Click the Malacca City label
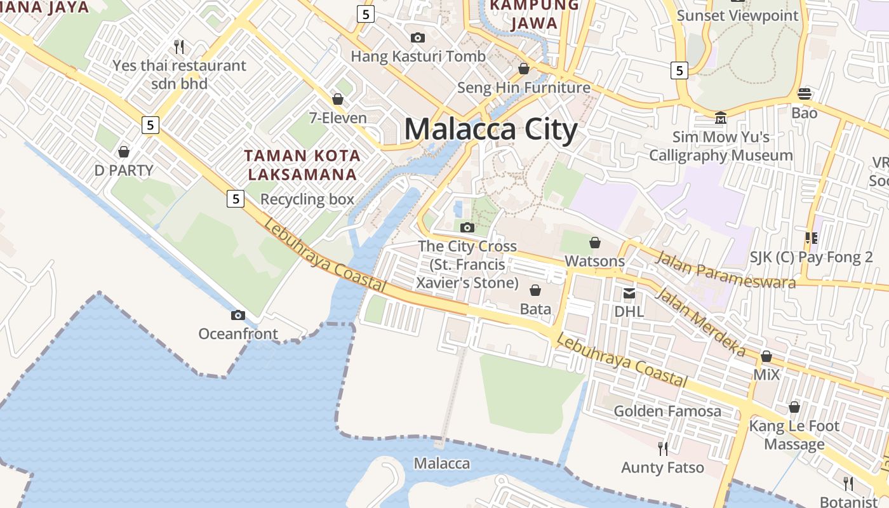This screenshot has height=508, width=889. (490, 130)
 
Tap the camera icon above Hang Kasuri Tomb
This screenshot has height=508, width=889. (418, 38)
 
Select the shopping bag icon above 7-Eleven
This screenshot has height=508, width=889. (338, 99)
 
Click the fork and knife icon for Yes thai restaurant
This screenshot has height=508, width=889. (179, 46)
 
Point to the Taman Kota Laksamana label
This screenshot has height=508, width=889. (303, 164)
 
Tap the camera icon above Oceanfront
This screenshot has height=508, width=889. (238, 315)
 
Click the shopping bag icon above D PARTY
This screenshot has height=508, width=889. (124, 152)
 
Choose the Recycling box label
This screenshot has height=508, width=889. (307, 199)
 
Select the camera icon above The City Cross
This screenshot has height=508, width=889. (467, 227)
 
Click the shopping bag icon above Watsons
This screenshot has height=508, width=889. (595, 243)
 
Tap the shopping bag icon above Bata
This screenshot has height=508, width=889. (535, 290)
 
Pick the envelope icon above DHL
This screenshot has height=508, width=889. (629, 293)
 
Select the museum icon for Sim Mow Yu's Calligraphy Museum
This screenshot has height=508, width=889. (721, 118)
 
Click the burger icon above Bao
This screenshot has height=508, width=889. (805, 94)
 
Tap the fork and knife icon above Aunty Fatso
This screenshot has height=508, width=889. (663, 449)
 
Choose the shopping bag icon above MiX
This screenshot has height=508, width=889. (766, 356)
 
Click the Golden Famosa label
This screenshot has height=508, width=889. (667, 411)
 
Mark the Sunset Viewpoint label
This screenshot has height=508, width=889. (737, 15)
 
